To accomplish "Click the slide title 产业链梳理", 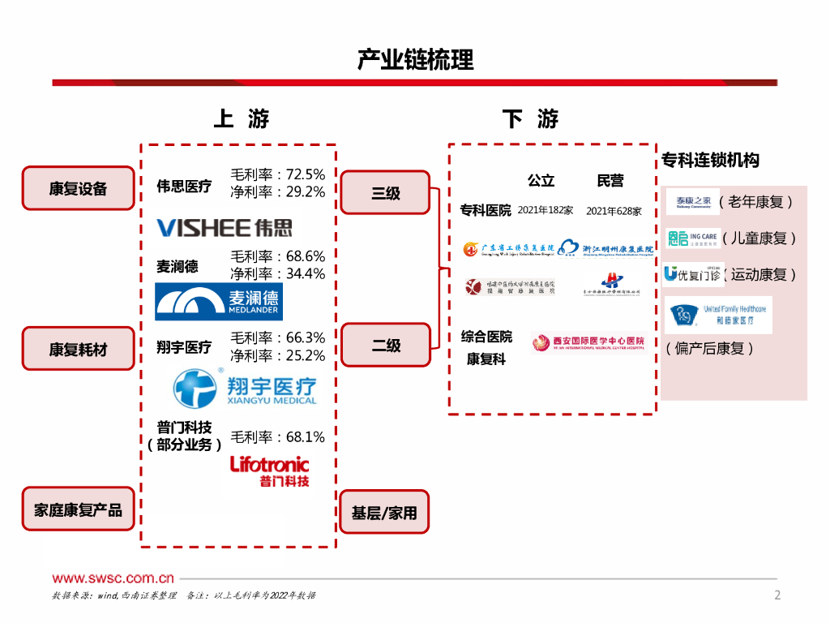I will pos(415,60).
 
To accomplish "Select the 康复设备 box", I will pos(78,188).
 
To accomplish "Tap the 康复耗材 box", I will pos(78,349).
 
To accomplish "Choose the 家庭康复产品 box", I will pos(78,509).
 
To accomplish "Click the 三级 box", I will pos(385,193).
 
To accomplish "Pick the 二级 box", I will pos(385,345).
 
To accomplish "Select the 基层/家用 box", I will pos(384,513).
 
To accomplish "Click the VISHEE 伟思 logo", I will pos(225,227).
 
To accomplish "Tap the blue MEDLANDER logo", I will pos(219,302).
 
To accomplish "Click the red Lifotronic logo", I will pos(269,470).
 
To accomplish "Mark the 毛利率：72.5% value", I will pos(278,174).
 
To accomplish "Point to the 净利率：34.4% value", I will pos(278,274).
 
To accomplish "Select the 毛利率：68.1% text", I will pos(278,437).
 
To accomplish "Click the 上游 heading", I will pos(241,119).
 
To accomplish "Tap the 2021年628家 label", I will pos(614,211).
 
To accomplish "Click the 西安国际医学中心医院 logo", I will pos(588,342).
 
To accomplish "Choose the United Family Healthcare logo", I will pos(718,315).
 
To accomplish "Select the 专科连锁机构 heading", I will pos(711,160).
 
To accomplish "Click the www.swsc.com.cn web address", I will pos(113,578).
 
